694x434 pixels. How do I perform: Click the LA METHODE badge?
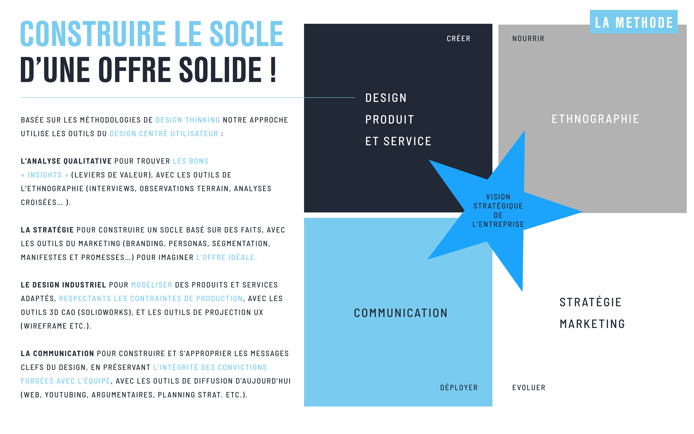tap(633, 22)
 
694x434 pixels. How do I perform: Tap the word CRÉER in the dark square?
tap(459, 38)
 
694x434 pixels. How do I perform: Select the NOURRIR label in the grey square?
tap(528, 38)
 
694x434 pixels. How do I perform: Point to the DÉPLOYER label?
tap(459, 387)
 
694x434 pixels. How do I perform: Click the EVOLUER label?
tap(529, 388)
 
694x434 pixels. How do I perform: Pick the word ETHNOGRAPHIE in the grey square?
tap(595, 119)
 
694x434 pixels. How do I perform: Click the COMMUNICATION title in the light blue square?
tap(401, 313)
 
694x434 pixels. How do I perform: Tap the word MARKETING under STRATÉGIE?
tap(592, 324)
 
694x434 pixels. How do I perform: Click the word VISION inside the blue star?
tap(498, 197)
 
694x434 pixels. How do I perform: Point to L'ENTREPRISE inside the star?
tap(498, 224)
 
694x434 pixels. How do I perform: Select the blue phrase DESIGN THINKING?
tap(188, 120)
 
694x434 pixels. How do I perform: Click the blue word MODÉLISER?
tap(152, 285)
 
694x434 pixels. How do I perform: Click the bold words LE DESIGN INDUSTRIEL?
tap(64, 285)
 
